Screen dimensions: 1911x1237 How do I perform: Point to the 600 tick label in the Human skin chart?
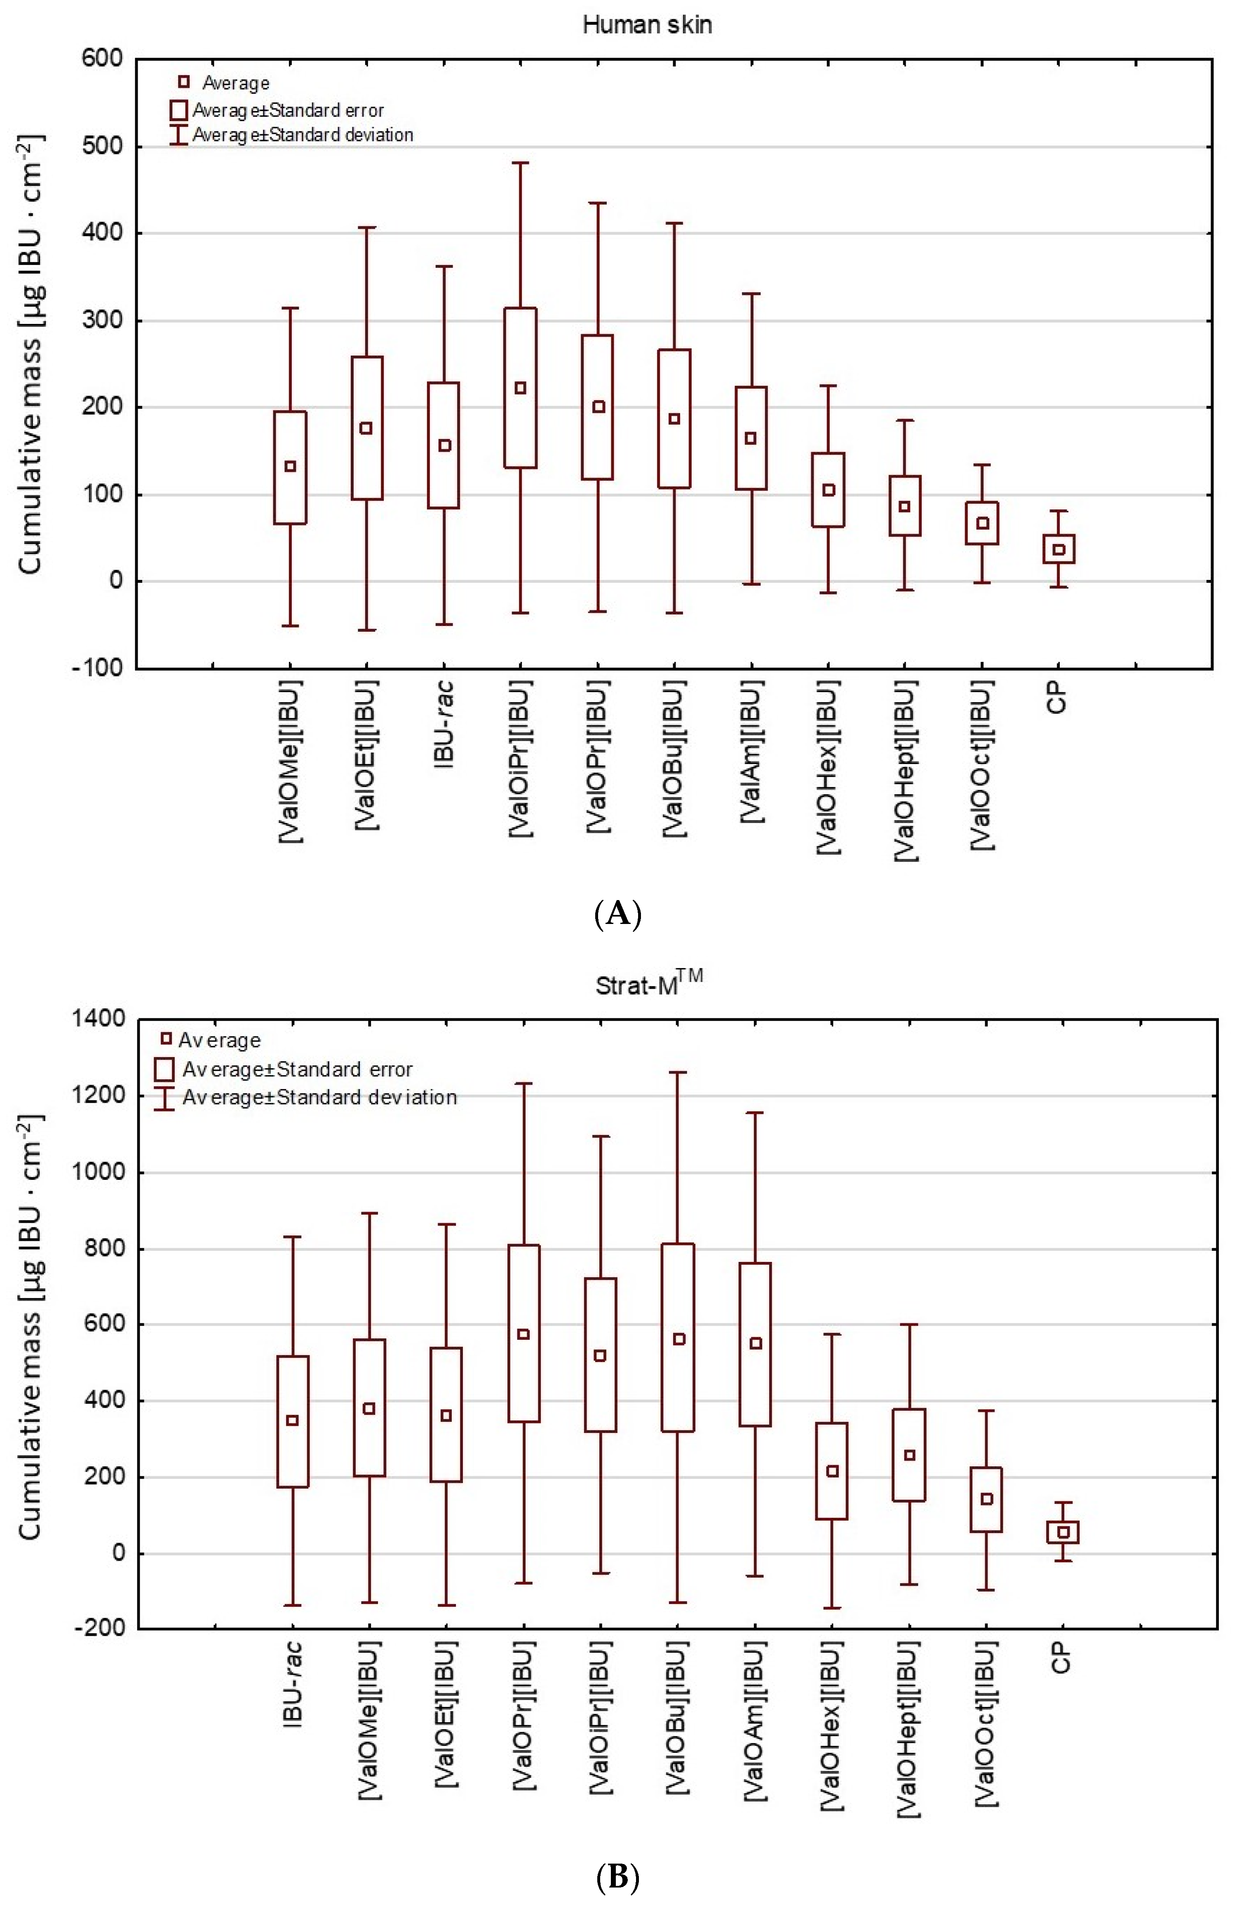[x=102, y=59]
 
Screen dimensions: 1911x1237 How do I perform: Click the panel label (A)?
[x=618, y=914]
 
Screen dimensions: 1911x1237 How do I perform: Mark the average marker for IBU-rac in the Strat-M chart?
[x=292, y=1421]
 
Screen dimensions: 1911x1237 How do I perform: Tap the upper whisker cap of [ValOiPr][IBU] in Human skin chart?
[x=521, y=163]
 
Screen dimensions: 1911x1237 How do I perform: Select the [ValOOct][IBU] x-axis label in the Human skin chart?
[x=981, y=765]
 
